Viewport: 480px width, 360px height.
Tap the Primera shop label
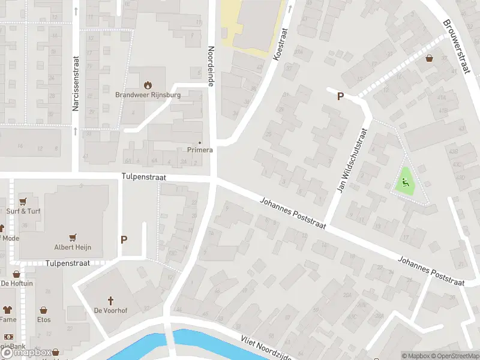(200, 149)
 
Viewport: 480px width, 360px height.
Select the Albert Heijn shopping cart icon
(74, 238)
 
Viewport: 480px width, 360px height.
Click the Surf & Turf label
(23, 211)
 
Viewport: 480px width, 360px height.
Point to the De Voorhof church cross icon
(110, 300)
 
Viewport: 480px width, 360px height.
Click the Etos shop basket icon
(44, 310)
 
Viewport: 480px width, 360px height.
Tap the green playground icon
(405, 181)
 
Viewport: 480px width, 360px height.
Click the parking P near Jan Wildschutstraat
(340, 97)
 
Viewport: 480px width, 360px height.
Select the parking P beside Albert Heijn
(124, 239)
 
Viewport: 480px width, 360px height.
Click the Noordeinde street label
(211, 67)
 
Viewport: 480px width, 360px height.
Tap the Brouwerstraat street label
(455, 47)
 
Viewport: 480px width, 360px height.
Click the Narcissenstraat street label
(76, 90)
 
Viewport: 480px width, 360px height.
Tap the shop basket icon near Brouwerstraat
(430, 59)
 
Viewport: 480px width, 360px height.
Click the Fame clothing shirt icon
(7, 310)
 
